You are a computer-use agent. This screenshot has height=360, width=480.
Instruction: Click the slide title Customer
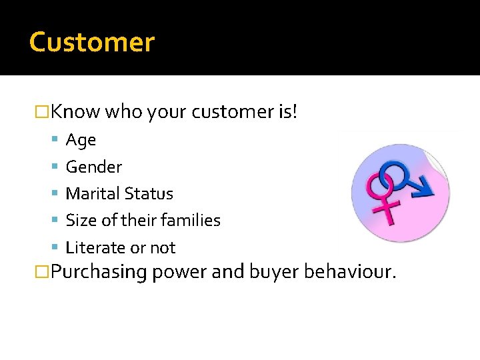tap(92, 42)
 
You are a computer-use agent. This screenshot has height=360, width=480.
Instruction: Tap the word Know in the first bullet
tap(75, 111)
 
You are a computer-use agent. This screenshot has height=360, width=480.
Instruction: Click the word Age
tap(81, 140)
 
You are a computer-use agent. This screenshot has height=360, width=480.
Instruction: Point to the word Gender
tap(94, 167)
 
